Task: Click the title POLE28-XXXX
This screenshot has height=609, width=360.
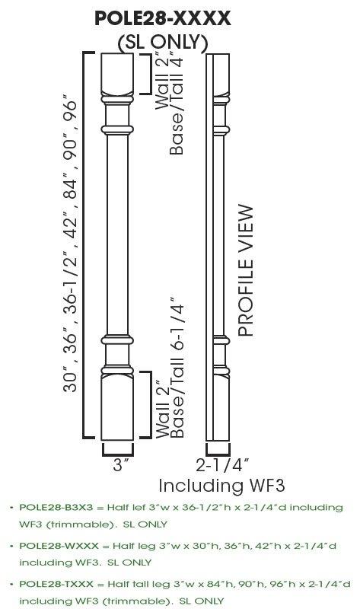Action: (163, 19)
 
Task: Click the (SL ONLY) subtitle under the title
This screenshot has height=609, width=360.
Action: (163, 42)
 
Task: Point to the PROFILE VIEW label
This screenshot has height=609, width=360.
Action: (244, 269)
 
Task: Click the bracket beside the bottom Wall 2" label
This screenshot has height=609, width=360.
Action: (147, 407)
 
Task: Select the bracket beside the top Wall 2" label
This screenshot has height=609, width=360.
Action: (147, 72)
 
